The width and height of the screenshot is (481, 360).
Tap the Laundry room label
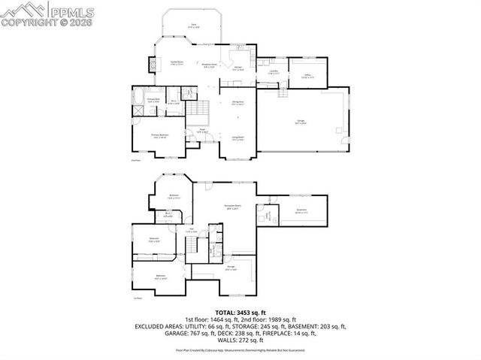(274, 73)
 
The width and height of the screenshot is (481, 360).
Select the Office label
(307, 75)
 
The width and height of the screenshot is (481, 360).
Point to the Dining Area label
(237, 103)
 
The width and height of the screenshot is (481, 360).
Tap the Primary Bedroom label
(160, 136)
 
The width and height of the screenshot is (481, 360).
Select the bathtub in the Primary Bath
(140, 97)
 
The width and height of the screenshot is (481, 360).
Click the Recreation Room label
(231, 207)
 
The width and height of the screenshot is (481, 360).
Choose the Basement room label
(301, 212)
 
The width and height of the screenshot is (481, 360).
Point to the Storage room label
(231, 269)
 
